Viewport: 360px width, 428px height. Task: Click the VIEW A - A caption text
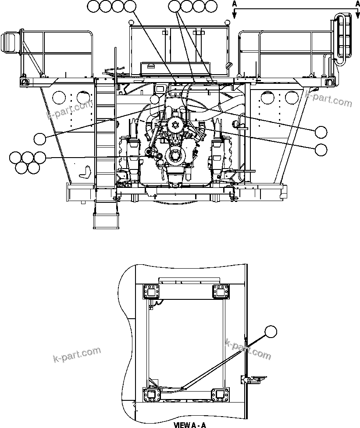click(189, 425)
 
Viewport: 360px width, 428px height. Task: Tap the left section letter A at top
click(235, 3)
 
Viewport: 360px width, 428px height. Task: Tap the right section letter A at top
click(357, 3)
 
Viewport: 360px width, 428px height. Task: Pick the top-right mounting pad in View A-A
click(221, 291)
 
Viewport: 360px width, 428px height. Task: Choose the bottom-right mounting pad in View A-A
click(221, 395)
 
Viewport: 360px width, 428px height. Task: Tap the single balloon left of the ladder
click(40, 139)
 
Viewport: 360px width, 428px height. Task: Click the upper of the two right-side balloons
click(321, 131)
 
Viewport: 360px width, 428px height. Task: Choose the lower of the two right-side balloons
click(321, 149)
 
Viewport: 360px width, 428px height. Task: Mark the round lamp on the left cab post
click(131, 22)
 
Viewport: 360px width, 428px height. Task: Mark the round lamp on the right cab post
click(227, 22)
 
